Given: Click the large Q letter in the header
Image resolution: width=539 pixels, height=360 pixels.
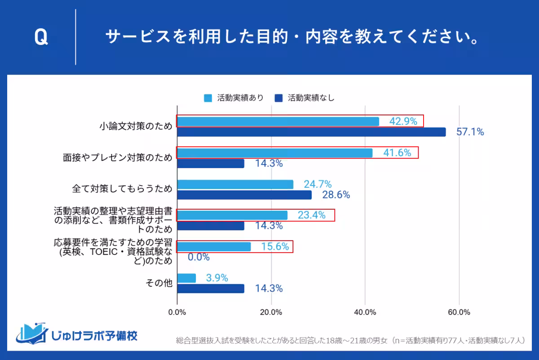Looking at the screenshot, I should (x=41, y=38).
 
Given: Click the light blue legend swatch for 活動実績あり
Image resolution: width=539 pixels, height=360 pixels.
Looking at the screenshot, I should (x=208, y=98).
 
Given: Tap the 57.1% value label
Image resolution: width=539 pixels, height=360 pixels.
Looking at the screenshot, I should (x=470, y=132).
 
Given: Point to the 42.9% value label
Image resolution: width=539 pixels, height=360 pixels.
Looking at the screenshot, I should (x=403, y=121).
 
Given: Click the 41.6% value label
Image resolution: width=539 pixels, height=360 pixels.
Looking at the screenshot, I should (x=397, y=153).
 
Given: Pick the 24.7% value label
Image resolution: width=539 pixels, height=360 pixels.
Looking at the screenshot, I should (x=318, y=184).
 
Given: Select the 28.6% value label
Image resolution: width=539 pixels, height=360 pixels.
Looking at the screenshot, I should (x=336, y=195).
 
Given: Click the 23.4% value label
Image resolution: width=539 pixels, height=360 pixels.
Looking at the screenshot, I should (x=311, y=215).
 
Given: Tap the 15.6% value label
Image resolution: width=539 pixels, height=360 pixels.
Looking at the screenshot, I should (x=275, y=246).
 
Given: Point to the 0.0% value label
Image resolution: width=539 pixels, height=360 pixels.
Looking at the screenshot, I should (x=199, y=257).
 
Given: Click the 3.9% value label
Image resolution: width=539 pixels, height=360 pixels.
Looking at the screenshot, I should (x=217, y=278).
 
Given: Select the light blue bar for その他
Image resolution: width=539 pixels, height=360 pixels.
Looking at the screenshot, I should (x=186, y=278).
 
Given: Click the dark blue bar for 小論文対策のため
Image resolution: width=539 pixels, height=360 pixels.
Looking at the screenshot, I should (x=311, y=132).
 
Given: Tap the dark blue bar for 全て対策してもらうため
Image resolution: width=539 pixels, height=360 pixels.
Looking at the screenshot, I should (x=244, y=195).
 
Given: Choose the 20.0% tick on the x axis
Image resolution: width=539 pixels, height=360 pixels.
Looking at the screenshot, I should (x=271, y=312).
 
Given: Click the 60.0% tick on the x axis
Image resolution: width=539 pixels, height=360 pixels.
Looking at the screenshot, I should (x=459, y=312).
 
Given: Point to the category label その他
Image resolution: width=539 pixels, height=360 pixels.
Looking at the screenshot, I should (x=159, y=283).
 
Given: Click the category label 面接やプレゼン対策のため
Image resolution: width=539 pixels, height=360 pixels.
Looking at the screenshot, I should (x=118, y=158).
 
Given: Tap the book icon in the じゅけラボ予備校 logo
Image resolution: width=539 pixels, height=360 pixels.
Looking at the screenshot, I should (x=32, y=333).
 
